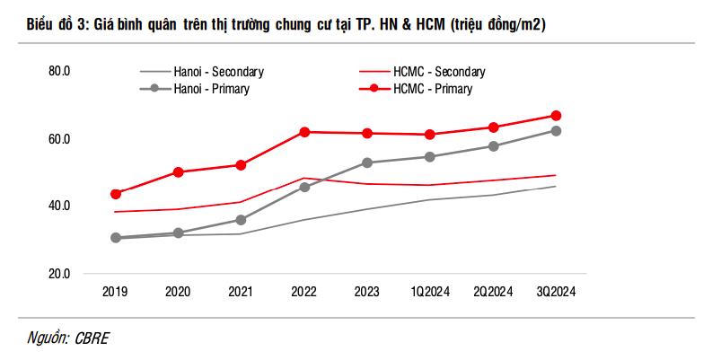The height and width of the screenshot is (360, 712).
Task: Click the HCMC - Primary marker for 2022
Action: click(304, 132)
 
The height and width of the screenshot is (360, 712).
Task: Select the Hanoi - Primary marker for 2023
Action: click(366, 162)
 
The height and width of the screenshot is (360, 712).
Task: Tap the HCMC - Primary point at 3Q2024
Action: click(556, 116)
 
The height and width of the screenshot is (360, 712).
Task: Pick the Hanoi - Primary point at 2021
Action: click(241, 220)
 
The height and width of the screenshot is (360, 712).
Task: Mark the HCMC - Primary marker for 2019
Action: click(115, 194)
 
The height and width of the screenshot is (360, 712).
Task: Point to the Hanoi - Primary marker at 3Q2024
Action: click(556, 131)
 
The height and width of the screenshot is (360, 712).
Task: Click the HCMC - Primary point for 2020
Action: click(178, 171)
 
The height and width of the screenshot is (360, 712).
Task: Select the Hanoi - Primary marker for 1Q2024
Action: click(429, 157)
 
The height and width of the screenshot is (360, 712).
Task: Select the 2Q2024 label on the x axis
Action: click(493, 291)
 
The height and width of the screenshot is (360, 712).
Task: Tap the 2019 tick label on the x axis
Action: click(115, 291)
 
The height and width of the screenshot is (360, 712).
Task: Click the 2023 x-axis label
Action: click(366, 291)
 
